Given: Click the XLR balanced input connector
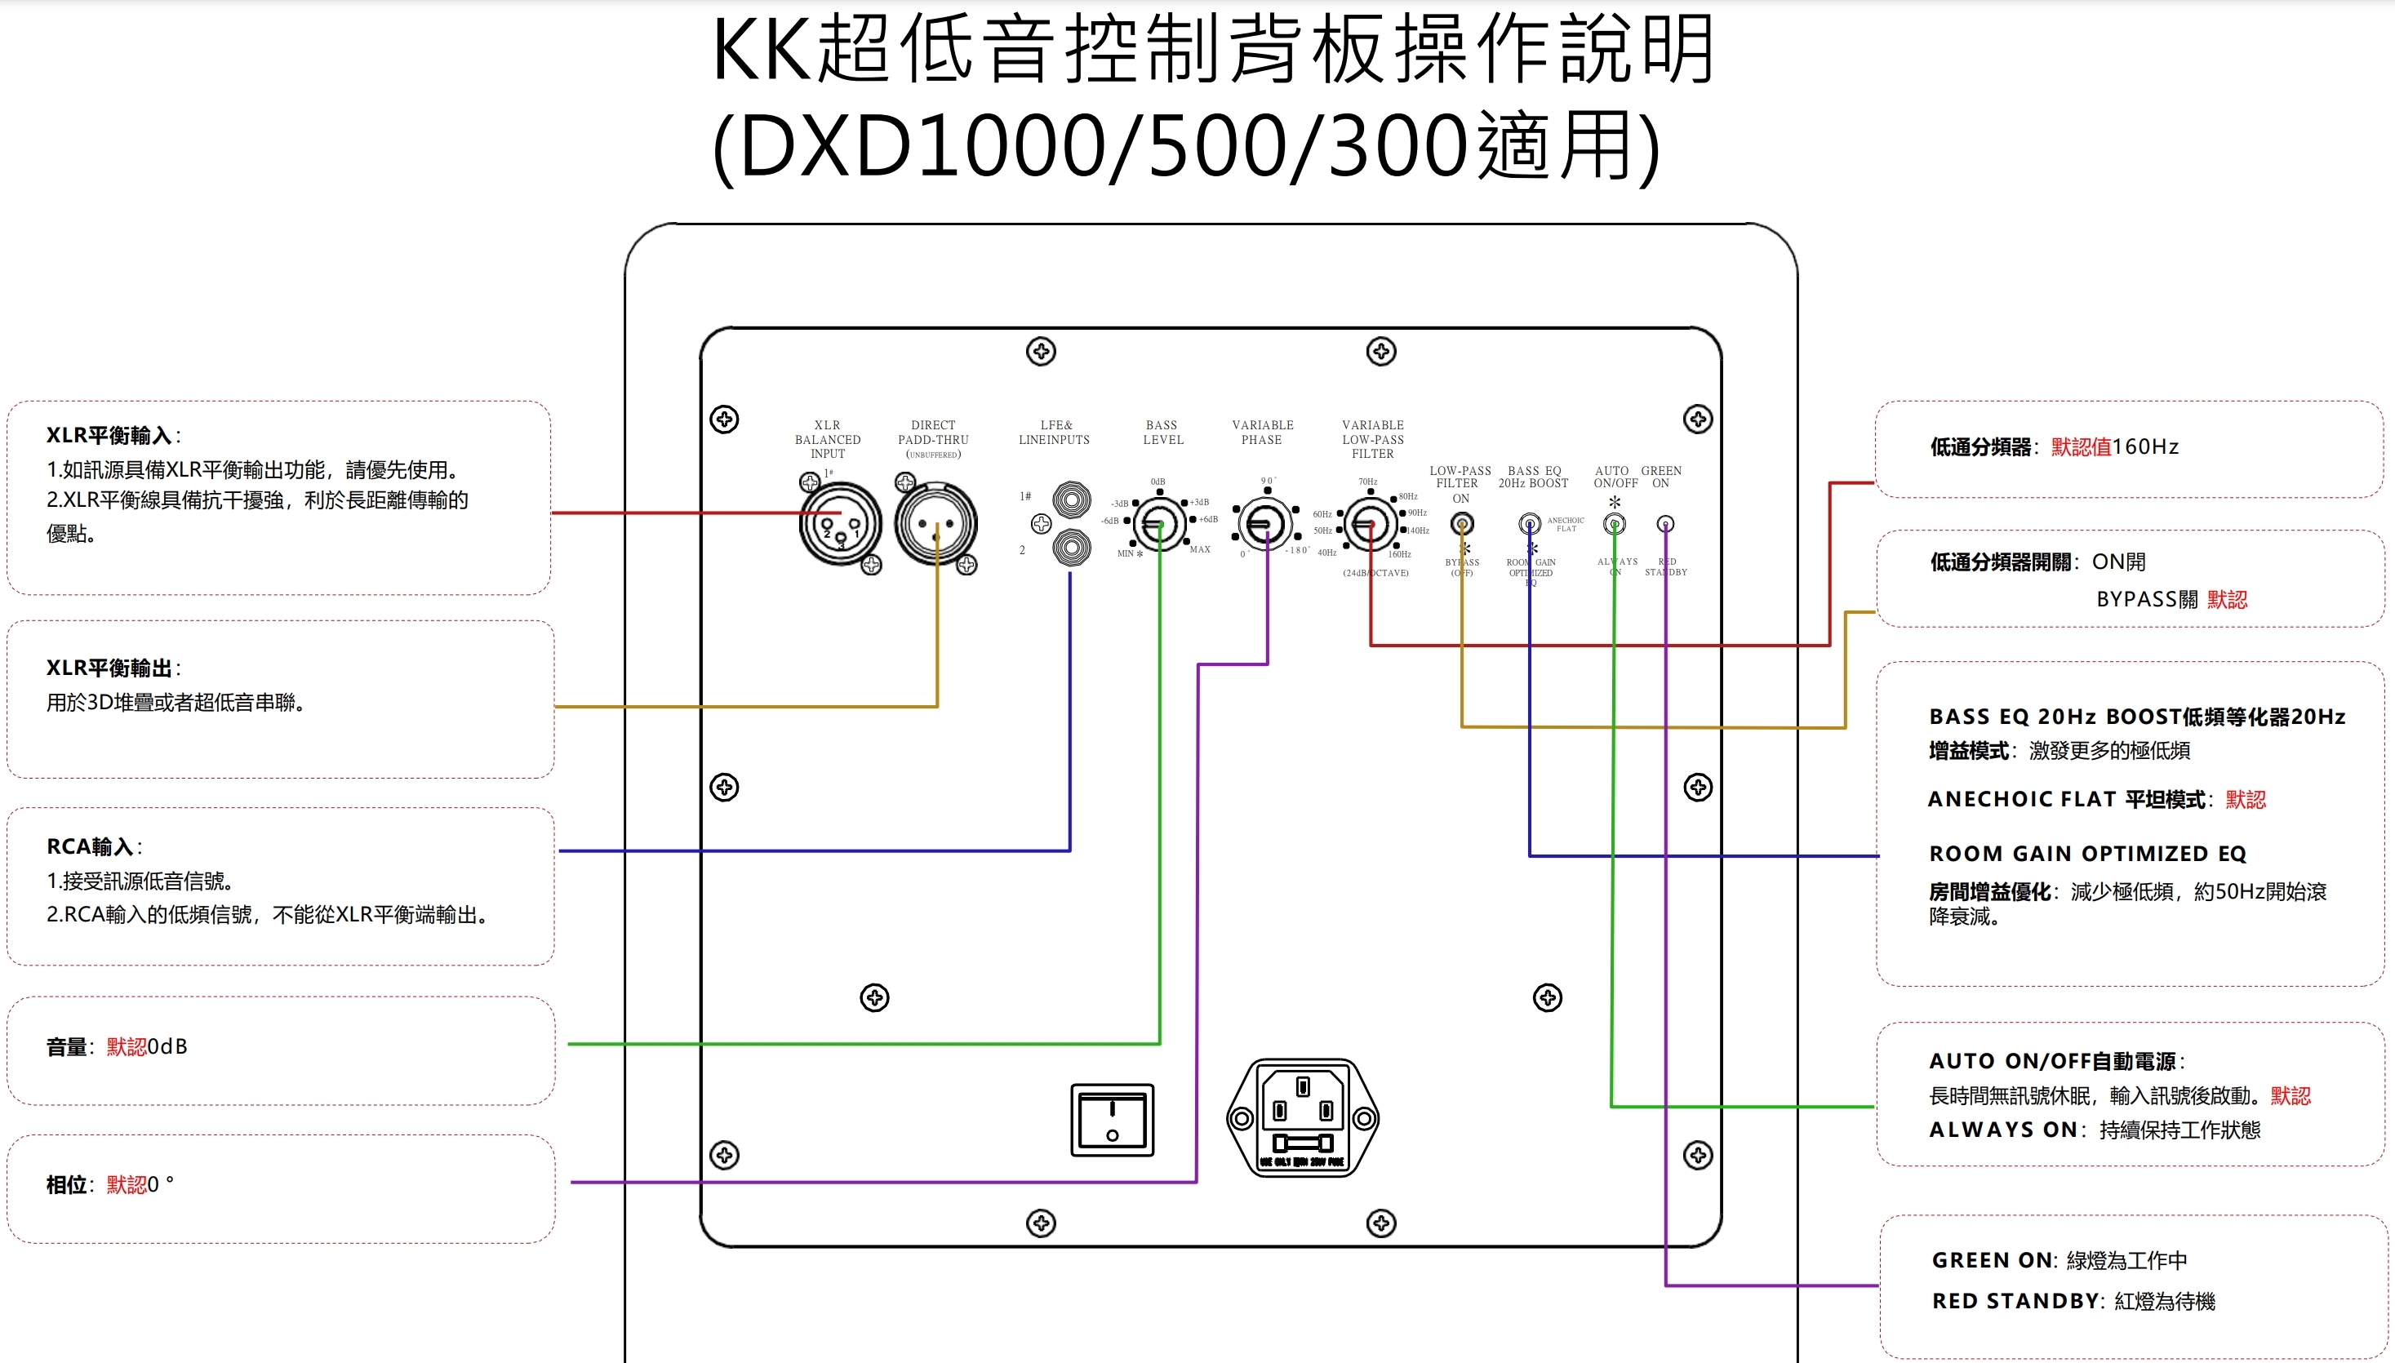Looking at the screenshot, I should (840, 524).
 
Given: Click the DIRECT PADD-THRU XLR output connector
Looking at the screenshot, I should (935, 524).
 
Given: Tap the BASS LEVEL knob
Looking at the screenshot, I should (1159, 523).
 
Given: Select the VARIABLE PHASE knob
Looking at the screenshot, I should (1265, 523).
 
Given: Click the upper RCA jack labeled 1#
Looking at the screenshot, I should (1071, 499).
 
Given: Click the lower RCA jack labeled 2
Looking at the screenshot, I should (1071, 547).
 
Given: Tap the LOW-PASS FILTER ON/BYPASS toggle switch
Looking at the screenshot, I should (1461, 524).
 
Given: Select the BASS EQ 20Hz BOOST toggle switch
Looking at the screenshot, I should (1529, 523).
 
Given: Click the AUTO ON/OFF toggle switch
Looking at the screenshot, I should (1614, 524).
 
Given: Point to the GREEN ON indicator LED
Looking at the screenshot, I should (1664, 524).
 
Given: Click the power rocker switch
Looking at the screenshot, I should (1113, 1120).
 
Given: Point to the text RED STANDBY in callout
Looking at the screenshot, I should (2015, 1301).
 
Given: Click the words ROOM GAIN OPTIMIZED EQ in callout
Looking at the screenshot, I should (2087, 854).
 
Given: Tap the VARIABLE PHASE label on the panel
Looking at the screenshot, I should (1262, 433).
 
